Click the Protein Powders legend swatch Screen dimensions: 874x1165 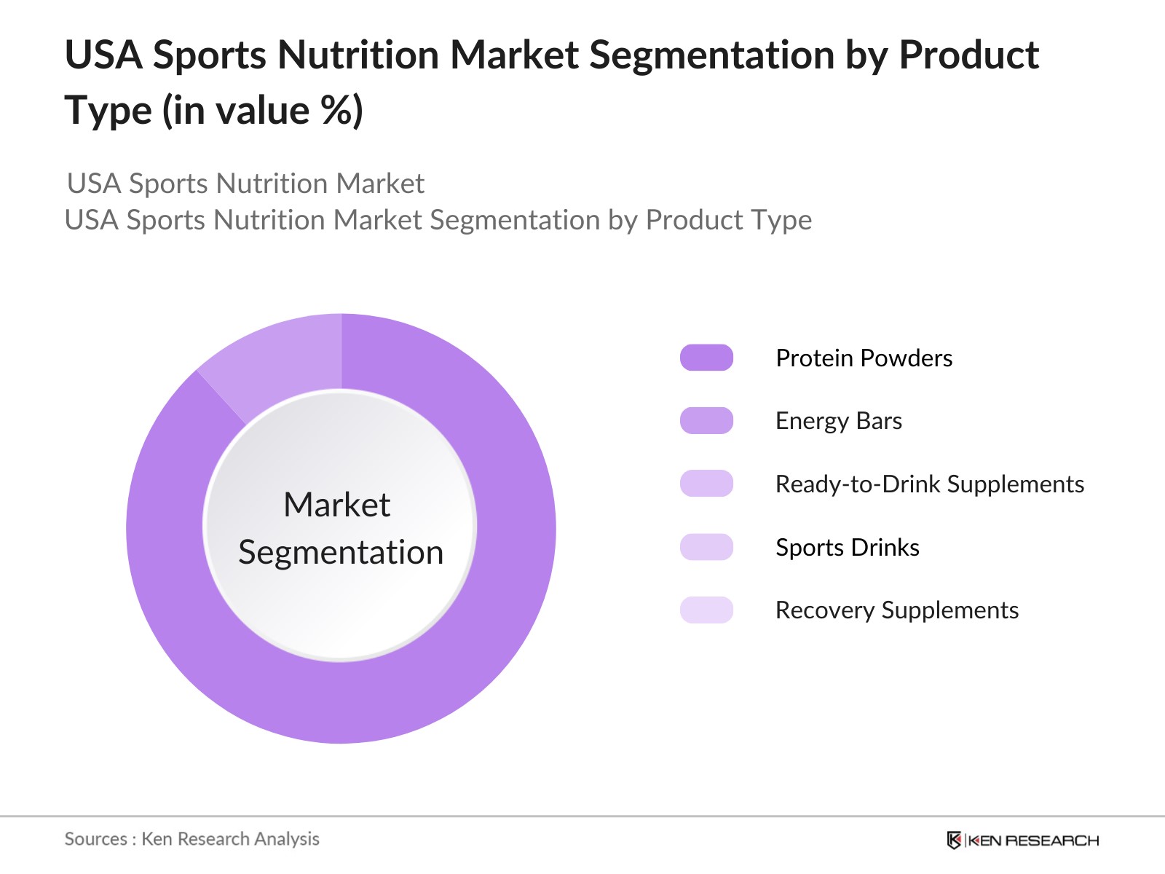point(706,358)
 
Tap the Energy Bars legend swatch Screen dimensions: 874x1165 point(706,421)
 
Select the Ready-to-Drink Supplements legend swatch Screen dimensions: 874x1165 point(706,484)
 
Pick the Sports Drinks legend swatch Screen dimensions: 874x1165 point(706,547)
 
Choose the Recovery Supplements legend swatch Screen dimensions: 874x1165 point(706,610)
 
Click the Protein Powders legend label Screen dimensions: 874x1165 point(864,358)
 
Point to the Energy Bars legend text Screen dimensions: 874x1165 point(838,421)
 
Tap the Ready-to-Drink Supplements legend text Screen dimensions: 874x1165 point(929,484)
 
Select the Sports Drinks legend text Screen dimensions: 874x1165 point(847,548)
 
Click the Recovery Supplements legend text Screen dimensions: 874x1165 point(896,610)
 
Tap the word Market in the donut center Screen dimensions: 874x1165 point(336,505)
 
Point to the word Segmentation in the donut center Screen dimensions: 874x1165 point(341,552)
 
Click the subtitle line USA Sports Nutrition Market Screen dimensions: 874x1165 point(245,184)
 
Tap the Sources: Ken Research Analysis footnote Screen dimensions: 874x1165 point(191,839)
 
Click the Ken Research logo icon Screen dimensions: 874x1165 point(954,840)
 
